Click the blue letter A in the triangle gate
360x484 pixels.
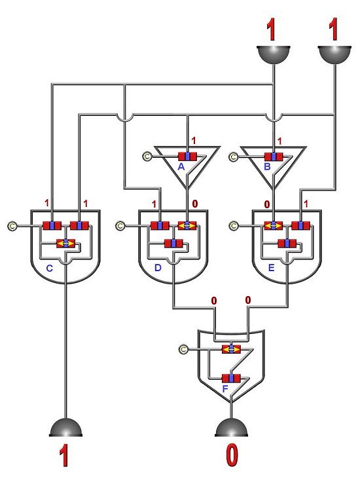click(181, 167)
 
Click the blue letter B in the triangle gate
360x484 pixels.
click(267, 167)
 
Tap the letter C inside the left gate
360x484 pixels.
click(49, 269)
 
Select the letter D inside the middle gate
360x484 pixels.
click(158, 268)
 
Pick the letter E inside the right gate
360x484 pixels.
click(271, 268)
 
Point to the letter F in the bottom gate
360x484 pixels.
click(225, 389)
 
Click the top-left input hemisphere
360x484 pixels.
click(274, 55)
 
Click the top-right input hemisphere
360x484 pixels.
click(334, 55)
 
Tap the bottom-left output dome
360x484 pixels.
click(65, 428)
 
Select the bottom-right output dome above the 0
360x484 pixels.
click(231, 428)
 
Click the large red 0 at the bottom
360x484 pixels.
click(232, 455)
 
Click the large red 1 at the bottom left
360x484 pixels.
click(64, 455)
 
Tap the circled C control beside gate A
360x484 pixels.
click(147, 157)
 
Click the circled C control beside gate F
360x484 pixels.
click(183, 350)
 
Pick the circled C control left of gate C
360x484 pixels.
click(12, 226)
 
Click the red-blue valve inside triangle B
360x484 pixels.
click(274, 157)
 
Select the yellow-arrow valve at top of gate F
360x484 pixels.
click(231, 349)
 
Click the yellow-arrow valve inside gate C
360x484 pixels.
click(65, 244)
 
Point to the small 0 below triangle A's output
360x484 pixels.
click(195, 204)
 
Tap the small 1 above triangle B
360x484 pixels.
click(279, 141)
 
